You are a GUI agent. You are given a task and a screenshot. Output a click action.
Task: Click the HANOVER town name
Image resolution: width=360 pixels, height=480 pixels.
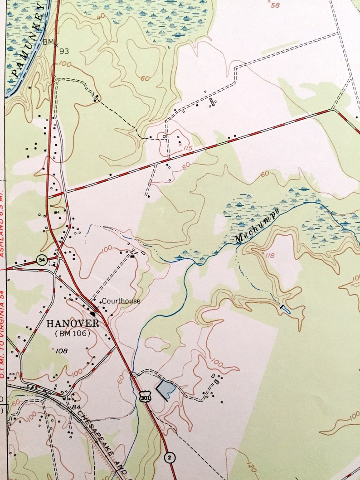73,324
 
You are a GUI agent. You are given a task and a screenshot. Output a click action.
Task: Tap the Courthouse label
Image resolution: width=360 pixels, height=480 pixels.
121,301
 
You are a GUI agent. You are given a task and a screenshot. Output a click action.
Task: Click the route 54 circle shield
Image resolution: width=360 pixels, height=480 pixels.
42,260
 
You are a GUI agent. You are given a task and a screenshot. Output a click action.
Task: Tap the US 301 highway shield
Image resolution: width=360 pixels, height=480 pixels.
144,398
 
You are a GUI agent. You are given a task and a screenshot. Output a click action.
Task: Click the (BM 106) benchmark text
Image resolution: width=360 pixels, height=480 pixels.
73,334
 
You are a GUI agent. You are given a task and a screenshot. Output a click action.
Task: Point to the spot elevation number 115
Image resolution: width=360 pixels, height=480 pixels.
187,148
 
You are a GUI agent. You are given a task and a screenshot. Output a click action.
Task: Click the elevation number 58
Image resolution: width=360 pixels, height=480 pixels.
275,5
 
